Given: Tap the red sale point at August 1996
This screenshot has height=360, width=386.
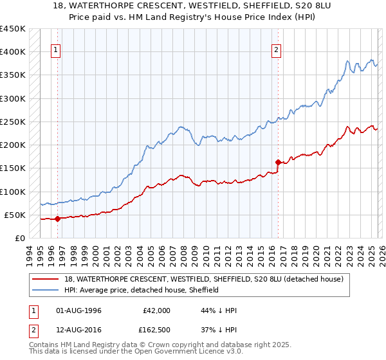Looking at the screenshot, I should click(57, 219).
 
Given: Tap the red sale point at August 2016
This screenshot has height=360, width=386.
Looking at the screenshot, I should click(278, 162).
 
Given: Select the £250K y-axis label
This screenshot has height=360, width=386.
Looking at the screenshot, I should click(14, 122).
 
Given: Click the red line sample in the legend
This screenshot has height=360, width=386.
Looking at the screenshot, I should click(46, 279).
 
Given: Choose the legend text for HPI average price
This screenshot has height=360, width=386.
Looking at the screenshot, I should click(142, 290).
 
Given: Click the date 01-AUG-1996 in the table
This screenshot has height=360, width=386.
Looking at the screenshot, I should click(79, 310).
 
